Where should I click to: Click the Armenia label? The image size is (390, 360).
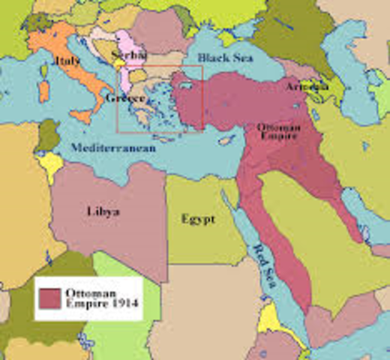tap(306, 87)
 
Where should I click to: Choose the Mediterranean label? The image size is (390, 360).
tap(114, 148)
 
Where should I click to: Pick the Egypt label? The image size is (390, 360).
tap(197, 219)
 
